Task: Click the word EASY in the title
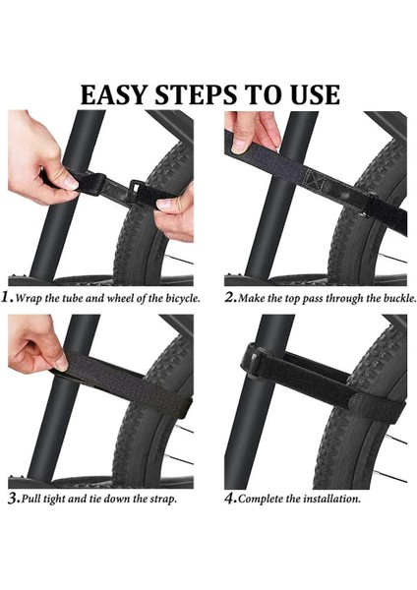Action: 113,94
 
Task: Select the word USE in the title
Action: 316,94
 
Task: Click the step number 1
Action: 7,298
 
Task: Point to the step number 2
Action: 230,298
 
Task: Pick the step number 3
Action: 14,499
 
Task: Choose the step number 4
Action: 230,499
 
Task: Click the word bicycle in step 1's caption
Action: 182,298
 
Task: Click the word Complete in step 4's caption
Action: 260,500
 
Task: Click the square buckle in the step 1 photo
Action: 135,190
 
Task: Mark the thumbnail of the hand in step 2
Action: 239,146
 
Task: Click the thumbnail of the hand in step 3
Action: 61,362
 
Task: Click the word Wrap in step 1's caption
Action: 29,299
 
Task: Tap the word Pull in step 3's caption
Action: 30,500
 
